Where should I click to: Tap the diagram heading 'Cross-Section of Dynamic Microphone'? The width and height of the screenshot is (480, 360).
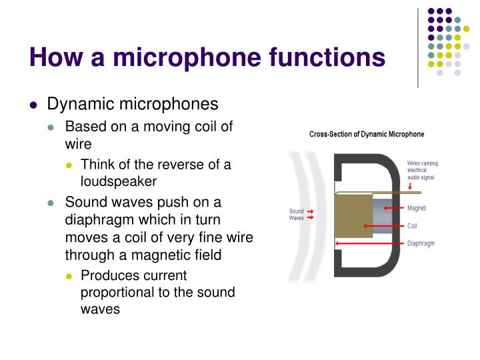366,134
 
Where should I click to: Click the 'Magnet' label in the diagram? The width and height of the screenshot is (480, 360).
417,209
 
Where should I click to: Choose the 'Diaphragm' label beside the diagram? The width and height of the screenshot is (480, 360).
421,243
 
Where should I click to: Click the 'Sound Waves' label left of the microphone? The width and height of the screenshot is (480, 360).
296,215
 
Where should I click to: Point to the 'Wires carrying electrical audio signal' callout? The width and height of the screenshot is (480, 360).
422,170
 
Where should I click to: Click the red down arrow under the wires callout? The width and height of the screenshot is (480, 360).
409,186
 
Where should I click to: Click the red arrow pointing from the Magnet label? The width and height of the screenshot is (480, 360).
397,209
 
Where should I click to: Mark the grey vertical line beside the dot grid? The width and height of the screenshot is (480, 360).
418,47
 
